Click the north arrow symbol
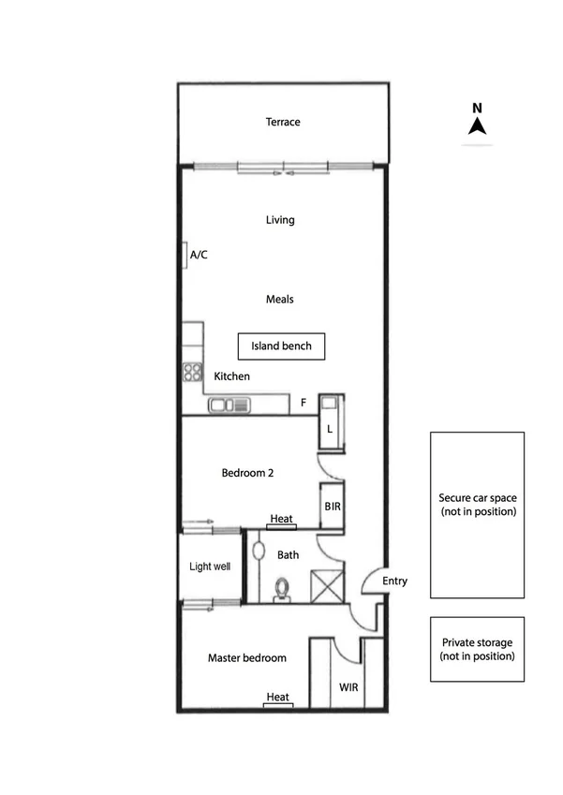(477, 126)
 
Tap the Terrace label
(282, 122)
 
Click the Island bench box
(281, 346)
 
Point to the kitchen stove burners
(193, 372)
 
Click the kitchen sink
(230, 405)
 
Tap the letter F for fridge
(303, 405)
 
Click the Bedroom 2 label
(247, 473)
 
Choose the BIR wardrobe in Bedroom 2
(332, 506)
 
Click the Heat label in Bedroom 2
(281, 520)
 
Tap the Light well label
(210, 567)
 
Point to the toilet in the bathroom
(281, 588)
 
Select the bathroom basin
(259, 552)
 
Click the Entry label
(395, 582)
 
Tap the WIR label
(348, 687)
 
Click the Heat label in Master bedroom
(277, 698)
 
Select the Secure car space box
(477, 514)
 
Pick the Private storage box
(477, 649)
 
